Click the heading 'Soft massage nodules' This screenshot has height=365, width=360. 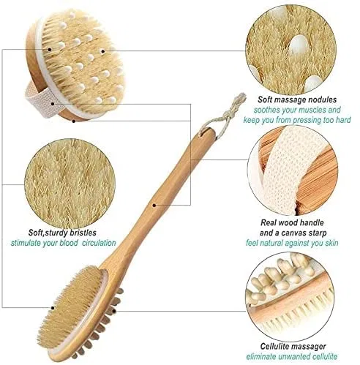tap(297, 99)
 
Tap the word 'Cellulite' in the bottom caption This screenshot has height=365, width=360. tap(274, 346)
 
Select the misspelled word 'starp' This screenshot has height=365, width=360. tap(316, 233)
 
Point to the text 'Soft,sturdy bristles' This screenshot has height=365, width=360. tap(62, 233)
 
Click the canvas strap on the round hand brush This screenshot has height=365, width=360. tap(39, 100)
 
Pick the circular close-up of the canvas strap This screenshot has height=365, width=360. tap(293, 170)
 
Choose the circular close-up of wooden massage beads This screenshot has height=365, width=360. tap(290, 297)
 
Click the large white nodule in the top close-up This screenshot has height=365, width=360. tap(298, 45)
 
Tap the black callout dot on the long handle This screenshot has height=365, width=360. tap(154, 206)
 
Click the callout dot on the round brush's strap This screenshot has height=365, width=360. tap(53, 104)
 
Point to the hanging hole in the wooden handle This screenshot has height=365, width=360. tap(204, 132)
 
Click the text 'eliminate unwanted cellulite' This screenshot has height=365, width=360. tap(292, 356)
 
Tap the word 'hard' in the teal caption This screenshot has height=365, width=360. tap(343, 120)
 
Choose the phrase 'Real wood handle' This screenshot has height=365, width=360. tap(292, 222)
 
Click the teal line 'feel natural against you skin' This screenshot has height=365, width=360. tap(292, 243)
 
